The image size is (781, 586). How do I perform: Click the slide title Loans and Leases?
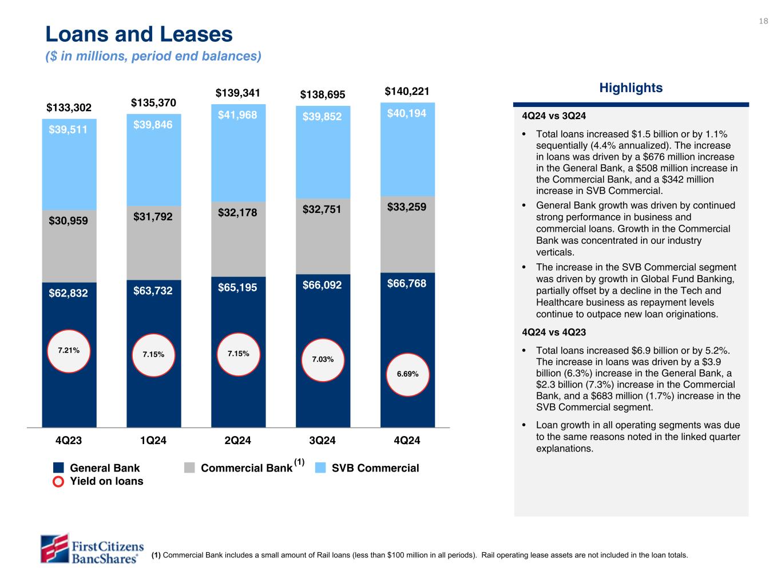point(139,35)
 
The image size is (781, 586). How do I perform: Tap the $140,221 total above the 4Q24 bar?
point(407,92)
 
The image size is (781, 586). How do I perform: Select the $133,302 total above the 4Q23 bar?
point(69,108)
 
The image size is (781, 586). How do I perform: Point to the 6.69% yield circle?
point(407,374)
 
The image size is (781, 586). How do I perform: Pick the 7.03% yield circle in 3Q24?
point(323,360)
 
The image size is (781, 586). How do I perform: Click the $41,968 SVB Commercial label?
point(237,115)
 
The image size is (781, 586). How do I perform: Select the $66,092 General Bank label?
point(322,284)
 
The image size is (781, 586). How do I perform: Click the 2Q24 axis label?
point(237,441)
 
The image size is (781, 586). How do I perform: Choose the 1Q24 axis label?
point(153,441)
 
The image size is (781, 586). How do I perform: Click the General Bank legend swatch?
point(58,468)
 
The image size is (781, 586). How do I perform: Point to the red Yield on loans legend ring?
point(58,481)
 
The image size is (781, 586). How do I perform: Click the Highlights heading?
point(631,88)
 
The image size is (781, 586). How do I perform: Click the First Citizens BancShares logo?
point(92,548)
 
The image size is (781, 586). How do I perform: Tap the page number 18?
point(763,21)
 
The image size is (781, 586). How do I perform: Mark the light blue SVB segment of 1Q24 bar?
point(153,166)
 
